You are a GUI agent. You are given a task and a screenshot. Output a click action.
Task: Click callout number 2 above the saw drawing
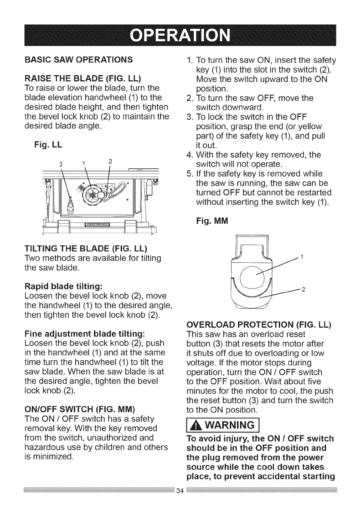110,161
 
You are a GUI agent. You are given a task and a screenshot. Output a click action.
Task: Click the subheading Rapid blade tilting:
62,286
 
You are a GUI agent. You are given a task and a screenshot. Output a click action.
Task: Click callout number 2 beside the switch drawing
303,289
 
